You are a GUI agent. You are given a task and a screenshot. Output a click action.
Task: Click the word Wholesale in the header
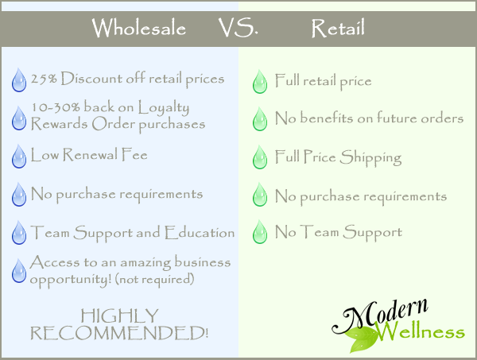pos(138,28)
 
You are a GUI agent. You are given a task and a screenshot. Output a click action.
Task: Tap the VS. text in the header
pos(238,28)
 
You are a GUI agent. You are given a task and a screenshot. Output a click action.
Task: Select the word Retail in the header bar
pos(338,28)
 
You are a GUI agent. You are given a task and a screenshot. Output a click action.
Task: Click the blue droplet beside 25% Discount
pos(19,80)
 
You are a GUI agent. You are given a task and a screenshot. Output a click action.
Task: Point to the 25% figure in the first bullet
pos(44,79)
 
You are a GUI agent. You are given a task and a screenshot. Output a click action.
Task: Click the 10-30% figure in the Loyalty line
pos(56,107)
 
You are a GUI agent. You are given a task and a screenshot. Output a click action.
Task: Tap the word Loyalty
pos(164,108)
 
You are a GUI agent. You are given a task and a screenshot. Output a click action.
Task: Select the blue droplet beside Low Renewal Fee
pos(19,157)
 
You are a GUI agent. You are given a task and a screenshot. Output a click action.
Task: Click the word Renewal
pos(91,154)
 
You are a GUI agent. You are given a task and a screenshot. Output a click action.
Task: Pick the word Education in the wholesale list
pos(200,233)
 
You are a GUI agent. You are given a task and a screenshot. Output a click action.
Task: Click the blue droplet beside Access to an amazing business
pos(19,271)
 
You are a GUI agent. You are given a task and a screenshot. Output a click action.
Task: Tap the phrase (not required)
pos(154,279)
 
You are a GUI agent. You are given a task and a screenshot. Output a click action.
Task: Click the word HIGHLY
pos(119,315)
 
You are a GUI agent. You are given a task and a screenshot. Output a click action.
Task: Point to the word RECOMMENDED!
pos(119,333)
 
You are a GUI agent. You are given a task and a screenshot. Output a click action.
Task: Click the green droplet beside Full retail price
pos(260,82)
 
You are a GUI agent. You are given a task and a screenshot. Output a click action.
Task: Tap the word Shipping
pos(370,157)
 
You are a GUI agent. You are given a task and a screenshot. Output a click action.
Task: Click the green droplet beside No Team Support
pos(260,232)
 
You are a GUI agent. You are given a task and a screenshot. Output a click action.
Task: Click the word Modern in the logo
pos(380,316)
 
